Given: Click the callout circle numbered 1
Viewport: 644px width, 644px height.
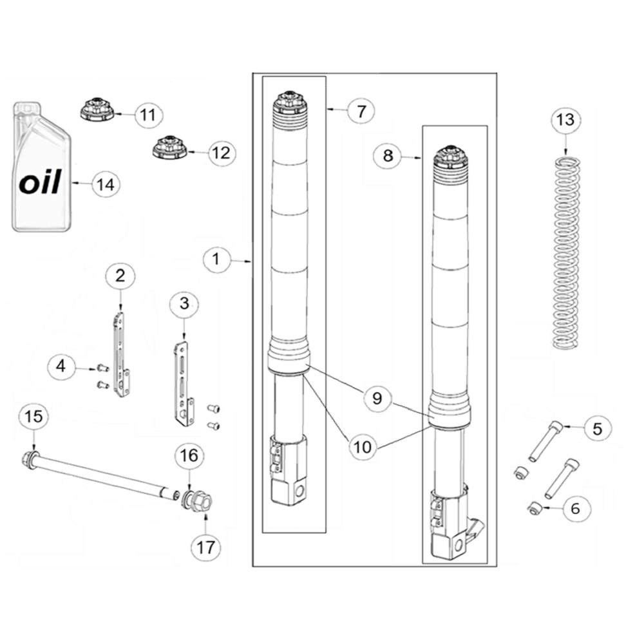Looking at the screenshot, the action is pyautogui.click(x=216, y=259).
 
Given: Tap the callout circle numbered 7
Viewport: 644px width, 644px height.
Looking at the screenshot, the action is pyautogui.click(x=361, y=111).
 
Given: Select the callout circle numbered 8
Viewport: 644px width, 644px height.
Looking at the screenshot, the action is pyautogui.click(x=388, y=155).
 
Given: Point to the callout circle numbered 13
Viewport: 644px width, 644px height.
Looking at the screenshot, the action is pyautogui.click(x=565, y=120).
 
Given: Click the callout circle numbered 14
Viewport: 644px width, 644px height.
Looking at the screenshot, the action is pyautogui.click(x=106, y=184).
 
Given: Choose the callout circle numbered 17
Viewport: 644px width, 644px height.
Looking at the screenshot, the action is pyautogui.click(x=206, y=547).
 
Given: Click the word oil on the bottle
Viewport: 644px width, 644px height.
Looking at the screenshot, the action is pyautogui.click(x=40, y=182).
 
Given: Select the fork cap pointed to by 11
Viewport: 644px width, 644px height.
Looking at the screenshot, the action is pyautogui.click(x=97, y=109).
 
